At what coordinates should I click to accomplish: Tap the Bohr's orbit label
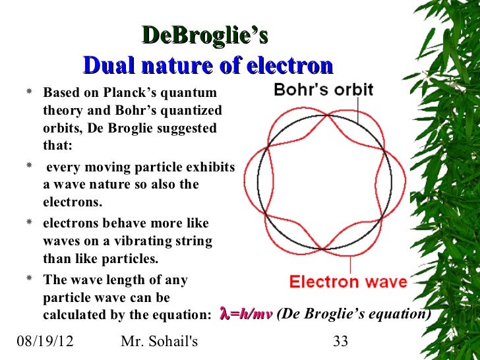point(324,89)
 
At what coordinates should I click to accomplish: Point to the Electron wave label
point(348,282)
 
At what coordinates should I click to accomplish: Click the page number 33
point(340,342)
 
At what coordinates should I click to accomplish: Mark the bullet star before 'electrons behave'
point(28,223)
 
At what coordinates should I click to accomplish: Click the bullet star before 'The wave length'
point(28,280)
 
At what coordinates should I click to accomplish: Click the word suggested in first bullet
point(184,127)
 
